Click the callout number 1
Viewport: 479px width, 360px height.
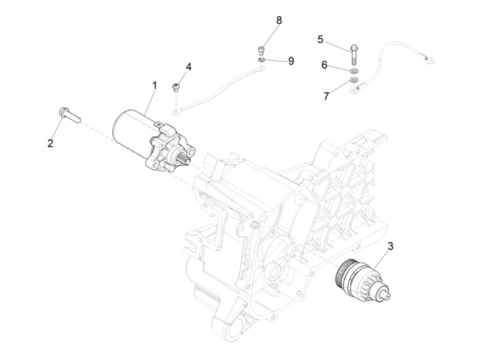154,85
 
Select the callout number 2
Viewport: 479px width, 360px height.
50,143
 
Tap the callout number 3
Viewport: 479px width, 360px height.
390,246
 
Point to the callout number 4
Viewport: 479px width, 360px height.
188,67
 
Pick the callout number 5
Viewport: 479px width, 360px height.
320,39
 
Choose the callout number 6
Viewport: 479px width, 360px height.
324,64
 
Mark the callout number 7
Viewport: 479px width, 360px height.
326,96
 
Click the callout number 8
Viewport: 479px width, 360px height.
279,20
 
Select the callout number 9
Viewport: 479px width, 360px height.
291,61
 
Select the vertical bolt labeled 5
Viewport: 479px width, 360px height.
353,54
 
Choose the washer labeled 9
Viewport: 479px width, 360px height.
261,60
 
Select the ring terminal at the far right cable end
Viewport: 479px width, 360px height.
429,61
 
